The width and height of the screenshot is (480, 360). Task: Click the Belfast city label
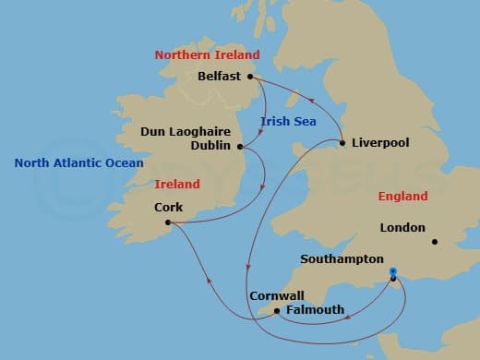tap(221, 77)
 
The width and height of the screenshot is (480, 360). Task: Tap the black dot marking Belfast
tap(250, 77)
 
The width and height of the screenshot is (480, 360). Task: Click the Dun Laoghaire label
tap(185, 132)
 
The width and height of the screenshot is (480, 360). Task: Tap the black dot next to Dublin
tap(240, 146)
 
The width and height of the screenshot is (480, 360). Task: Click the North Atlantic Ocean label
tap(78, 163)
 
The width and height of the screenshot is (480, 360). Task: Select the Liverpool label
tap(380, 143)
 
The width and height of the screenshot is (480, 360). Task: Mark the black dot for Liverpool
tap(342, 143)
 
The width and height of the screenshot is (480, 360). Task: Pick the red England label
tap(403, 197)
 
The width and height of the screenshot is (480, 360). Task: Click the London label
tap(402, 227)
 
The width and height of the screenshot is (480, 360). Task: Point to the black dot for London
tap(434, 243)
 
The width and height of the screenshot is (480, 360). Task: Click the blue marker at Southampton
tap(393, 272)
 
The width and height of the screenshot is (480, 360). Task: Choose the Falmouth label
tap(315, 310)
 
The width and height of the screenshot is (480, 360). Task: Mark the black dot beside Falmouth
tap(277, 311)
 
